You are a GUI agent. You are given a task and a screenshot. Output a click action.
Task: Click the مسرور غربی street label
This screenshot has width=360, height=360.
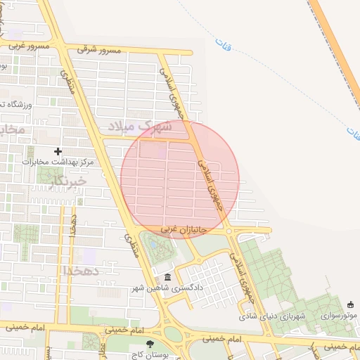pos(29,46)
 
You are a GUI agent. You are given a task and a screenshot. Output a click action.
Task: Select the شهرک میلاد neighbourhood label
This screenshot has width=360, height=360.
pos(140,127)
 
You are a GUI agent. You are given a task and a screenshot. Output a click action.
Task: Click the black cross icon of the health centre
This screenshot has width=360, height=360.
pos(58,151)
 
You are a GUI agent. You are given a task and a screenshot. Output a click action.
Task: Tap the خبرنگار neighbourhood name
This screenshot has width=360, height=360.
pos(69,181)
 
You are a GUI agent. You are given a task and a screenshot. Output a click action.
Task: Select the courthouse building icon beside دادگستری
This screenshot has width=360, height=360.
pos(167,277)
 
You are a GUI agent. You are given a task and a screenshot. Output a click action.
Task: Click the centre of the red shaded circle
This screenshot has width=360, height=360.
pos(180,179)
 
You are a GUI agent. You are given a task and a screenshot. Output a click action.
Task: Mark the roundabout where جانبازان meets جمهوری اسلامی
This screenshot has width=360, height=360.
pos(229,231)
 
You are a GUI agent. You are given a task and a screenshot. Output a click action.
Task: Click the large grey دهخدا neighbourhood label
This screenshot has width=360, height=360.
pos(82,270)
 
